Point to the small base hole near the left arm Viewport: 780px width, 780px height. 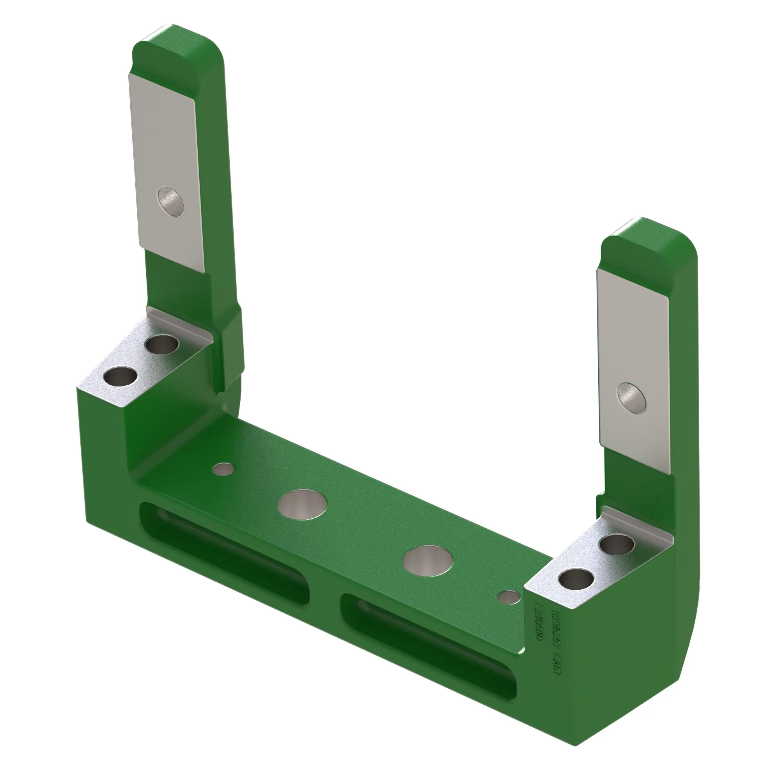coord(223,469)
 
